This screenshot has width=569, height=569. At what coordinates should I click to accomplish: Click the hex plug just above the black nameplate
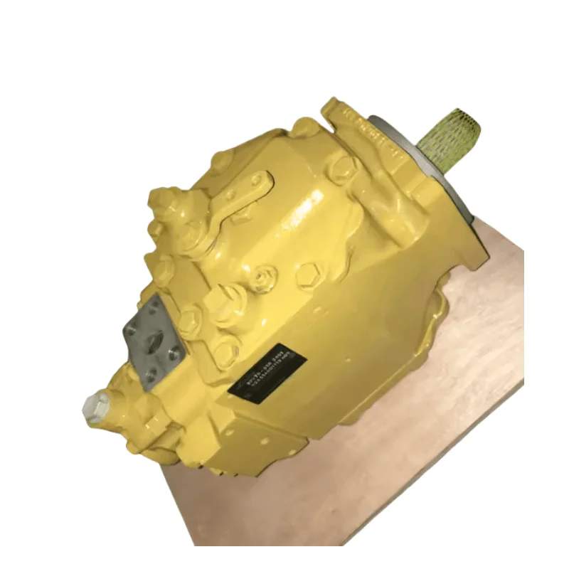point(225,351)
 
